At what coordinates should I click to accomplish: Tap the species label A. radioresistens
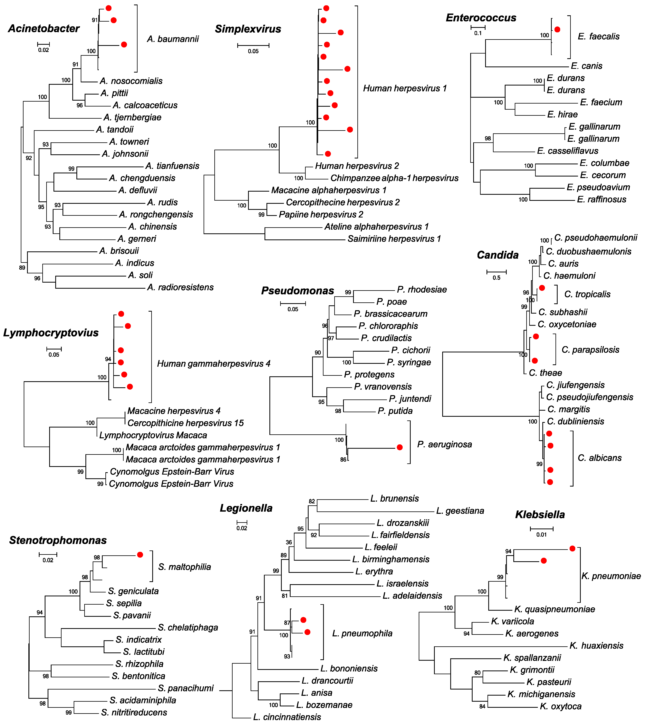pyautogui.click(x=180, y=287)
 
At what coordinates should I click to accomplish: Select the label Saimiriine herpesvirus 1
pyautogui.click(x=394, y=239)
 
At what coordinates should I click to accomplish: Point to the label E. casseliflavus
pyautogui.click(x=568, y=151)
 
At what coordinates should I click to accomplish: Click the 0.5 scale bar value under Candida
pyautogui.click(x=496, y=278)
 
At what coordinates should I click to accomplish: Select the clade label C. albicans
pyautogui.click(x=600, y=458)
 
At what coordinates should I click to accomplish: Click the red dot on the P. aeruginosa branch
pyautogui.click(x=400, y=447)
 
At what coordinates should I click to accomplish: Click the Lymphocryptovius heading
pyautogui.click(x=51, y=333)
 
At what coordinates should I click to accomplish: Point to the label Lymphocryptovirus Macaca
pyautogui.click(x=153, y=435)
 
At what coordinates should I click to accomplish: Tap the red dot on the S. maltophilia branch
pyautogui.click(x=140, y=555)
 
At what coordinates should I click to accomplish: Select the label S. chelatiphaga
pyautogui.click(x=188, y=628)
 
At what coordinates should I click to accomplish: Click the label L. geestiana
pyautogui.click(x=460, y=511)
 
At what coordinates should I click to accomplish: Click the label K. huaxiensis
pyautogui.click(x=596, y=646)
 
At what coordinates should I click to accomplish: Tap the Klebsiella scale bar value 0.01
pyautogui.click(x=541, y=535)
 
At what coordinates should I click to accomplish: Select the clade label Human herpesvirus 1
pyautogui.click(x=405, y=88)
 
